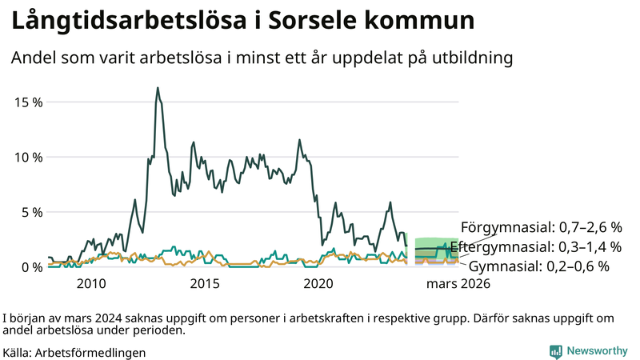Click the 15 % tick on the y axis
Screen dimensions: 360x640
pyautogui.click(x=28, y=102)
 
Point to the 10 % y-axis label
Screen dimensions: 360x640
pyautogui.click(x=28, y=158)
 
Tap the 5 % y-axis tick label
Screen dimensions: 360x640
pyautogui.click(x=31, y=212)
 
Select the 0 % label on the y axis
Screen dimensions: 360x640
pyautogui.click(x=31, y=266)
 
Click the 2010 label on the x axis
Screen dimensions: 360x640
pyautogui.click(x=91, y=283)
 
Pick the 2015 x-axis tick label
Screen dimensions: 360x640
pyautogui.click(x=205, y=283)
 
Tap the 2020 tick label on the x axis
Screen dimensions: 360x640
pyautogui.click(x=319, y=283)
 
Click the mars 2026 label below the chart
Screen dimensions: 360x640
pyautogui.click(x=458, y=283)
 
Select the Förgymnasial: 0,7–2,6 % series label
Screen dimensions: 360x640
pyautogui.click(x=541, y=226)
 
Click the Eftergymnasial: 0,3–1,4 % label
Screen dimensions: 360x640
pyautogui.click(x=535, y=246)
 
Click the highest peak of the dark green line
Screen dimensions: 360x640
pyautogui.click(x=158, y=88)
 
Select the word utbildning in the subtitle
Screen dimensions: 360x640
pyautogui.click(x=466, y=58)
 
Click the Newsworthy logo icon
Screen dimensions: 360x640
pyautogui.click(x=555, y=351)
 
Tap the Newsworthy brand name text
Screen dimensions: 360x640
pyautogui.click(x=597, y=351)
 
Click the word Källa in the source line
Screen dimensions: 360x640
pyautogui.click(x=18, y=352)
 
